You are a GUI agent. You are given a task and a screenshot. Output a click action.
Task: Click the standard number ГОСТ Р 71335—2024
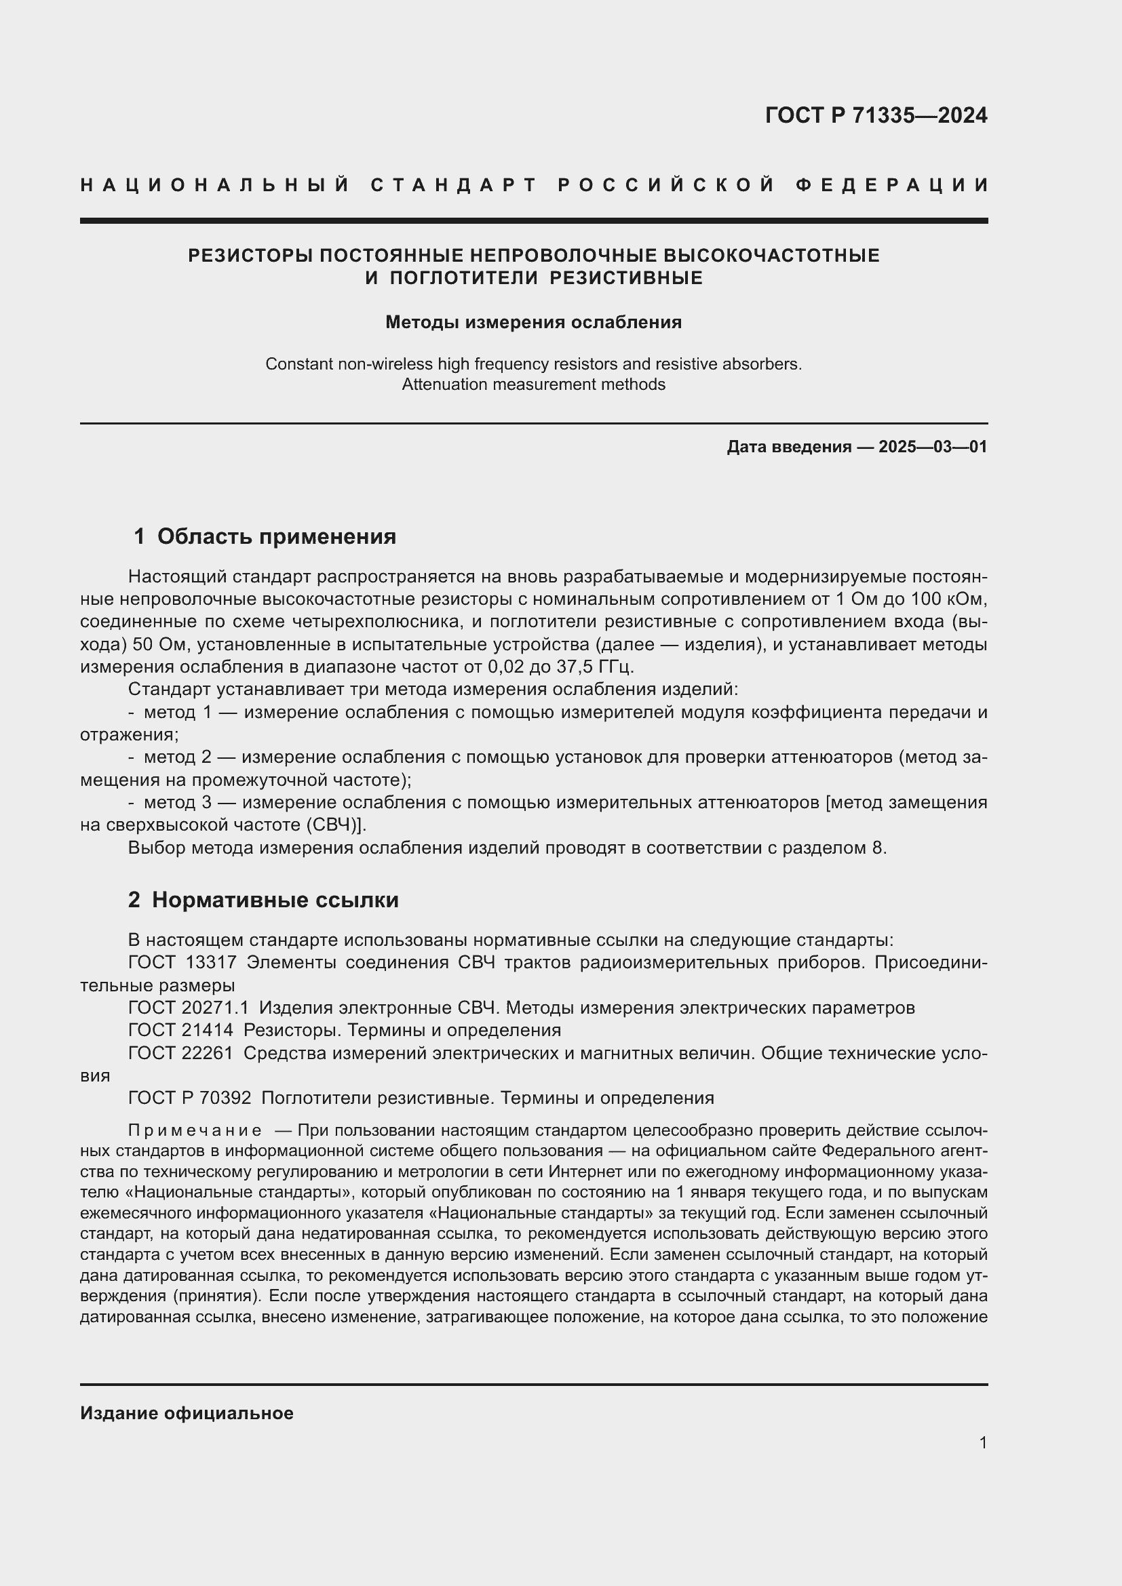coord(875,115)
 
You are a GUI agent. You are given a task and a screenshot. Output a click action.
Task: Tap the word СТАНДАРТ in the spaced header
coord(454,185)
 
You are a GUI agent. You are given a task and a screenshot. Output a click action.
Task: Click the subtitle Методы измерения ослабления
coord(533,323)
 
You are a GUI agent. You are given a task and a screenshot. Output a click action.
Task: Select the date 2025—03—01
coord(933,447)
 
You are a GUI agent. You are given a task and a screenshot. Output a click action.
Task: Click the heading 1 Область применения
coord(265,537)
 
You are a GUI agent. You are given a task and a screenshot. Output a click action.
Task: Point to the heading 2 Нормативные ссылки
coord(263,900)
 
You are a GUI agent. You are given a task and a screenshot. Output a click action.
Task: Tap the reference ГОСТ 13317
coord(182,962)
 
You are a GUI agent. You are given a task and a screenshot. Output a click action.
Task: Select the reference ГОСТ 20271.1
coord(188,1008)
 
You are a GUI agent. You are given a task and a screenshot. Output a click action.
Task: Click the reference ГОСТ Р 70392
coord(189,1098)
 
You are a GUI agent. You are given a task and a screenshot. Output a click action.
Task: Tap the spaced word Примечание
coord(195,1131)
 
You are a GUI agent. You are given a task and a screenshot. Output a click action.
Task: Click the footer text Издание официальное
coord(187,1413)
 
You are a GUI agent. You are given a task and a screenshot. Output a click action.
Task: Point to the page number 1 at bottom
coord(983,1442)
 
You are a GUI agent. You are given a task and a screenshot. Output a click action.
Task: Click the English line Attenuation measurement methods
coord(533,384)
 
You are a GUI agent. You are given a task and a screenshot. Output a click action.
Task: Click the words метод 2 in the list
coord(177,758)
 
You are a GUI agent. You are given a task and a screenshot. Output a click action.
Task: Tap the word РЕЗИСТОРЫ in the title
coord(250,256)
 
